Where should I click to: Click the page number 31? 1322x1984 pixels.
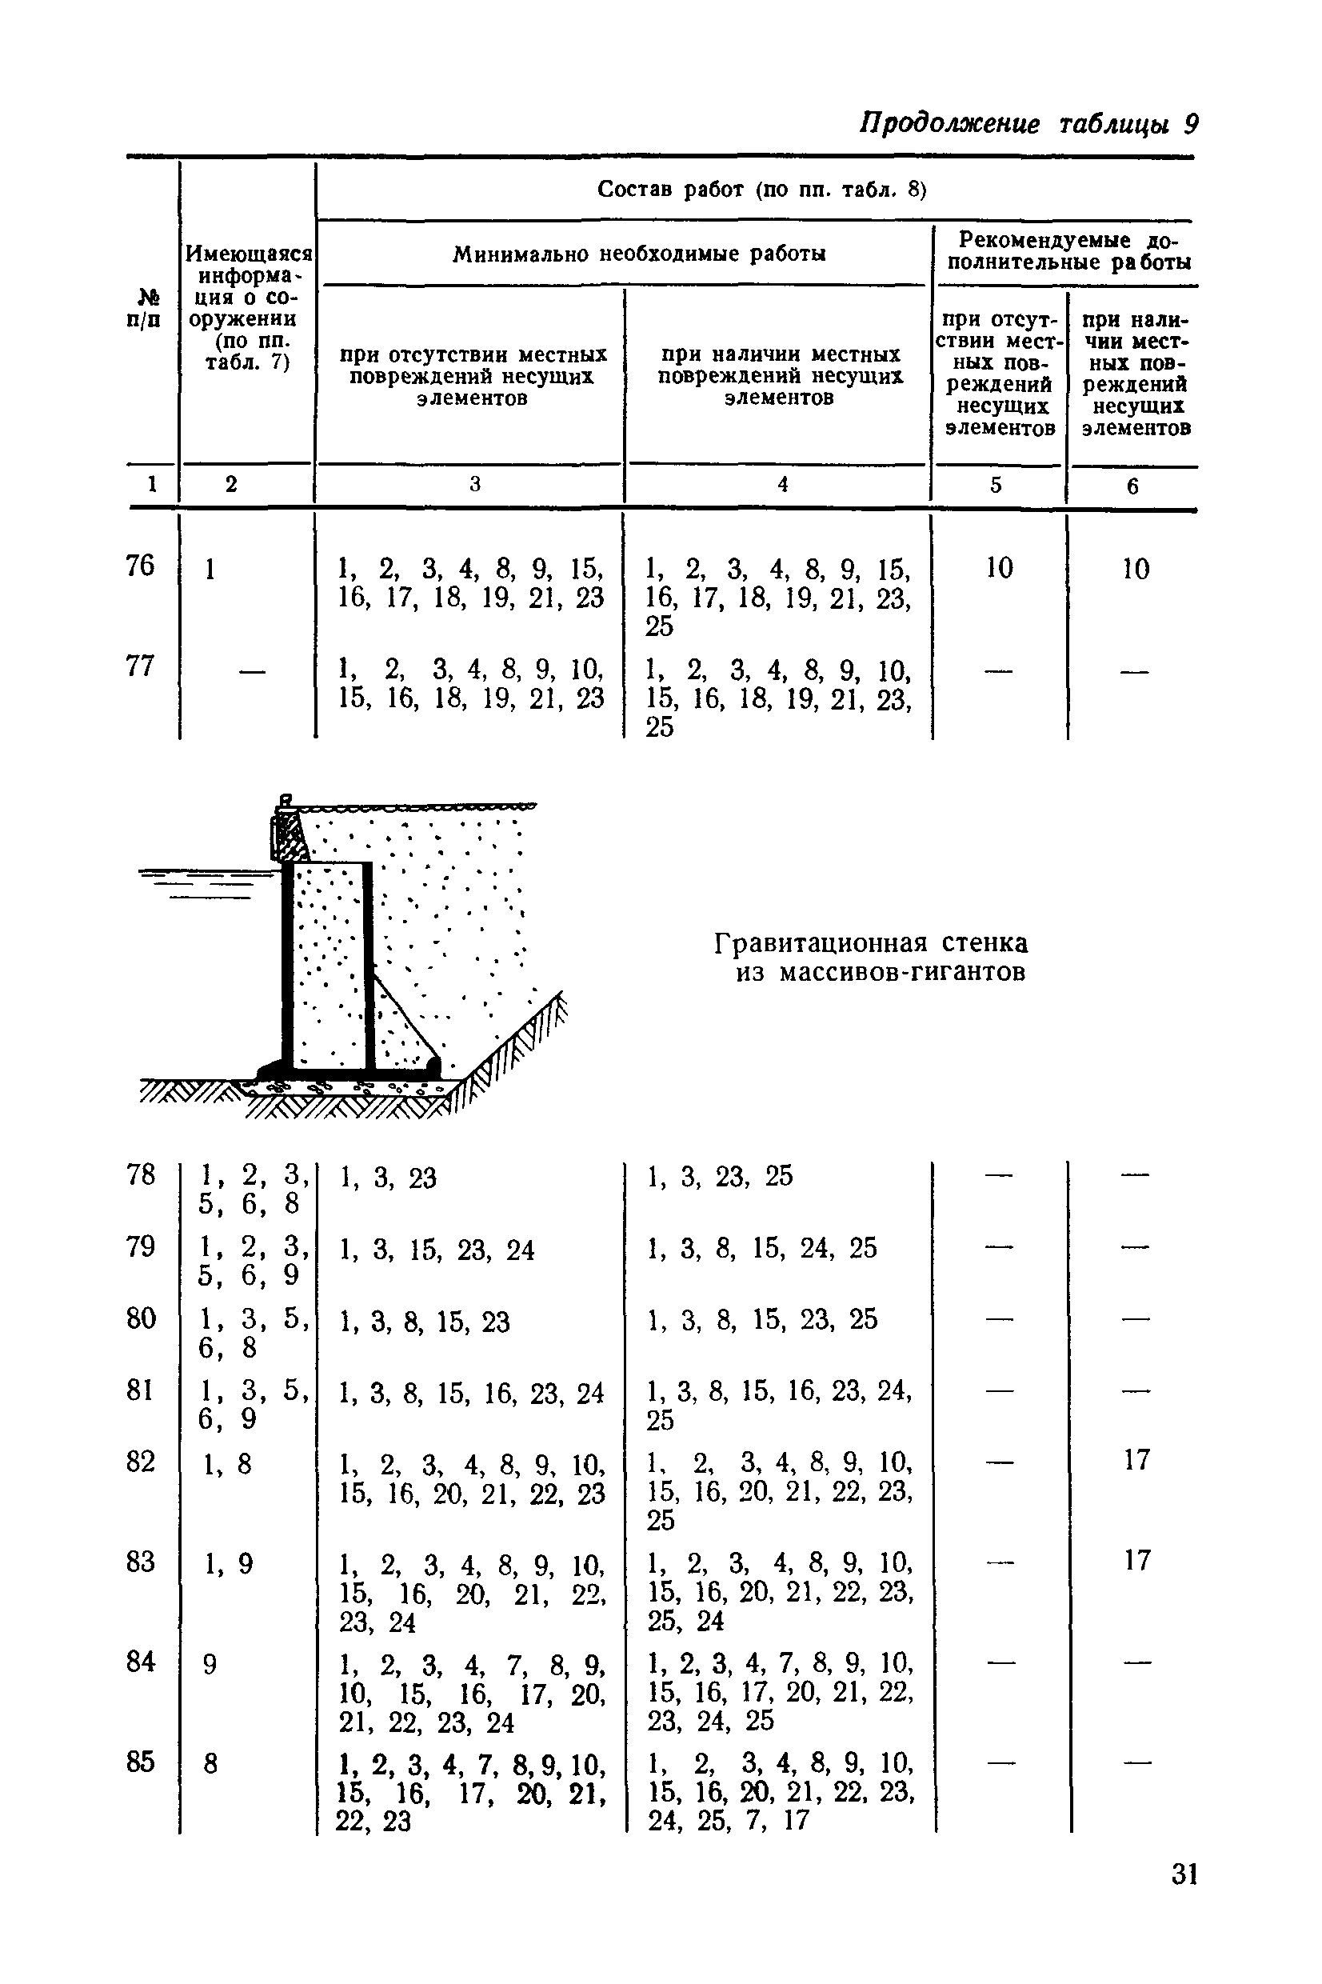point(1184,1874)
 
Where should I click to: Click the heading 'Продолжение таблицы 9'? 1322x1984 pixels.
point(1028,124)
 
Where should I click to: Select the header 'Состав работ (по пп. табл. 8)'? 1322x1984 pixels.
point(761,190)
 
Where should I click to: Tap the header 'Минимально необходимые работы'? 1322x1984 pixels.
point(639,254)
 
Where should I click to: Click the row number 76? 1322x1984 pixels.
point(140,566)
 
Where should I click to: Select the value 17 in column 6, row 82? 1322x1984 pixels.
point(1136,1459)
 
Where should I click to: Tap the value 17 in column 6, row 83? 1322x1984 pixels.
point(1136,1561)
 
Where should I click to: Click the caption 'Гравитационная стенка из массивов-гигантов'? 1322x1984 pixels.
point(871,957)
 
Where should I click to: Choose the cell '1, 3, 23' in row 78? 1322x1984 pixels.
point(388,1178)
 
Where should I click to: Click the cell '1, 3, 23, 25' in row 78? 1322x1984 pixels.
point(719,1176)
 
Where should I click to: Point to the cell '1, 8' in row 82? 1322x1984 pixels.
point(227,1464)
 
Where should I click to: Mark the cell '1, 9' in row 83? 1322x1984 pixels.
point(227,1565)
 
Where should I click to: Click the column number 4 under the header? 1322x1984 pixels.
point(782,484)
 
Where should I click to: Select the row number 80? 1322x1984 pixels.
point(140,1318)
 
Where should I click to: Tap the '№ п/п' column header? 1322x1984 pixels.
point(147,309)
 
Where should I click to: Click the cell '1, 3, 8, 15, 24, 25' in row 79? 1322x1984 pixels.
point(761,1248)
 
